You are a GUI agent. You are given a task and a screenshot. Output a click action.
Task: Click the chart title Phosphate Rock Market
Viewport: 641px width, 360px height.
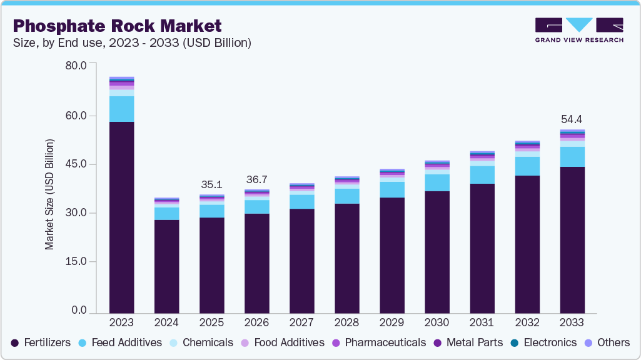coord(117,26)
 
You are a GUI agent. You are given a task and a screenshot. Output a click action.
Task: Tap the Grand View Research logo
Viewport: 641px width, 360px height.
coord(579,30)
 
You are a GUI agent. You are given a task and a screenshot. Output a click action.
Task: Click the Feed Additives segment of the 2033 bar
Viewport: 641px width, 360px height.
coord(572,157)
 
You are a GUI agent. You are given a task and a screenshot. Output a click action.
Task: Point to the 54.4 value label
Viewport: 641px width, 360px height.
coord(572,119)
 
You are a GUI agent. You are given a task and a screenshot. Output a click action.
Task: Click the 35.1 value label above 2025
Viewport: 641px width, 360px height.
coord(211,184)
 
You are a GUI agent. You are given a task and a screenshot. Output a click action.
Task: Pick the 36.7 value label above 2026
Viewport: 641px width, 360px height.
coord(256,179)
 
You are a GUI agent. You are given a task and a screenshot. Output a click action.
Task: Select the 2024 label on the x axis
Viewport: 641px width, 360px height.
coord(166,322)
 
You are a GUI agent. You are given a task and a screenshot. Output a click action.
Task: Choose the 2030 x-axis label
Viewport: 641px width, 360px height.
coord(437,322)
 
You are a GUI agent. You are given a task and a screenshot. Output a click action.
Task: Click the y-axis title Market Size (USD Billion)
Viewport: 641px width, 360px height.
coord(49,194)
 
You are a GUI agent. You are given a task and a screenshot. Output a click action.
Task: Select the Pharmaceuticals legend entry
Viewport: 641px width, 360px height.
coord(379,342)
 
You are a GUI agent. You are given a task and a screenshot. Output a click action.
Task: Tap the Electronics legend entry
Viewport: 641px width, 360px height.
coord(543,342)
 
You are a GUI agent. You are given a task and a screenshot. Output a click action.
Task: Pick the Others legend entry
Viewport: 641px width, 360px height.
coord(608,342)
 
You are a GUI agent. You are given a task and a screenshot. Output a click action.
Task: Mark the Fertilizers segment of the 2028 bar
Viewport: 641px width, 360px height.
coord(346,257)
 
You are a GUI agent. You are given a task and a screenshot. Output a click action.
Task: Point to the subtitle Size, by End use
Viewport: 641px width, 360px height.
coord(132,43)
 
